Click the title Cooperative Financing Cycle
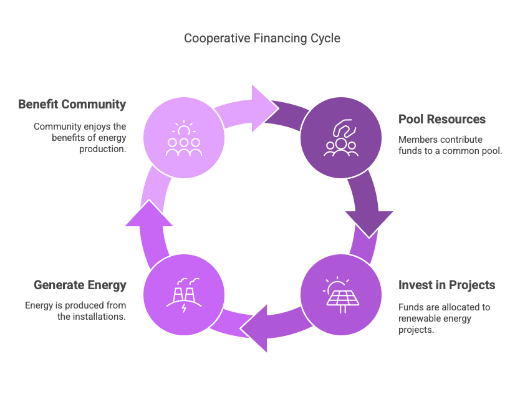coord(262,39)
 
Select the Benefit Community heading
coord(72,104)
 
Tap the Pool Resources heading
coord(442,119)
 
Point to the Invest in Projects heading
coord(446,285)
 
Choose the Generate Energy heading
coord(80,285)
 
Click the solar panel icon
coord(341,295)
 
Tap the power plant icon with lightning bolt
coord(184,295)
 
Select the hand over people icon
coord(341,138)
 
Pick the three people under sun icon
coord(184,138)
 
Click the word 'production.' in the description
coord(102,149)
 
